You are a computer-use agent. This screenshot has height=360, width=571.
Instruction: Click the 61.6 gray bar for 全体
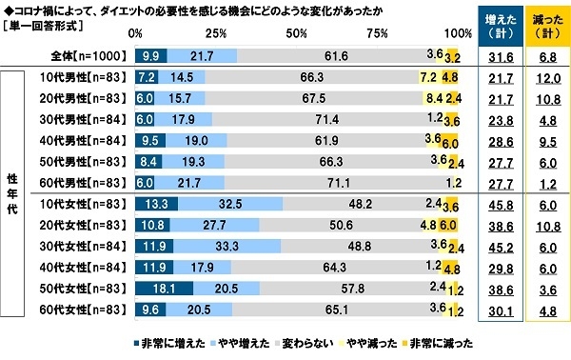[334, 58]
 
